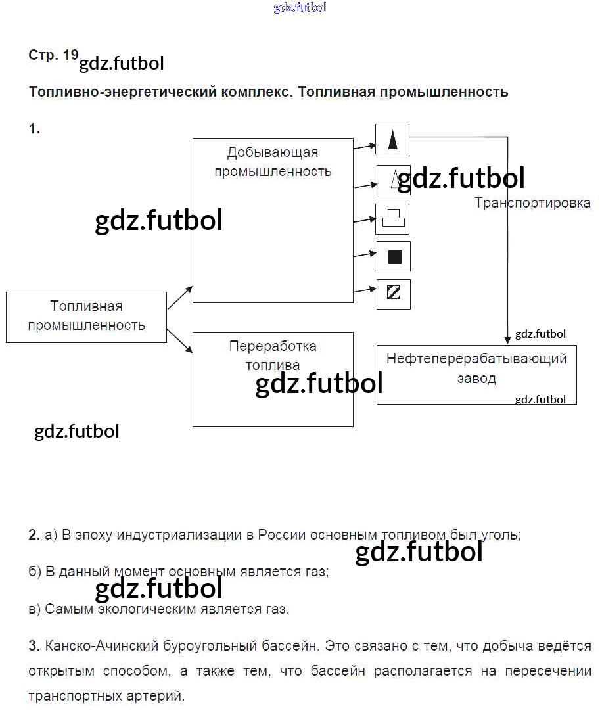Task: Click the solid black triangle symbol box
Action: click(x=392, y=139)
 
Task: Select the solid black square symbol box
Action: click(x=394, y=256)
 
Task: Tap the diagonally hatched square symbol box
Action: click(x=394, y=294)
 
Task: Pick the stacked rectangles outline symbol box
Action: click(x=392, y=219)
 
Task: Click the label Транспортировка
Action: click(x=532, y=203)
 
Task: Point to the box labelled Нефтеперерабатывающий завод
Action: click(x=476, y=375)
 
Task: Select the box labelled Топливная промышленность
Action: click(x=87, y=317)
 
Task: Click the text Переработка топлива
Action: click(x=273, y=356)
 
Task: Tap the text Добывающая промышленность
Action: click(x=273, y=162)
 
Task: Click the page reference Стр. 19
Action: click(x=53, y=55)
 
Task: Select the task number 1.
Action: click(x=34, y=129)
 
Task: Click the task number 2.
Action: click(x=34, y=534)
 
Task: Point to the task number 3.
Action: click(x=34, y=646)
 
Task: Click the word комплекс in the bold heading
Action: click(x=256, y=92)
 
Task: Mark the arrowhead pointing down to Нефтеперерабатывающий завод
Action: click(x=507, y=340)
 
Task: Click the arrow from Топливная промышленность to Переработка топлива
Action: click(x=179, y=340)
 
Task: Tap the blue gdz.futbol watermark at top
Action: click(x=300, y=7)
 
